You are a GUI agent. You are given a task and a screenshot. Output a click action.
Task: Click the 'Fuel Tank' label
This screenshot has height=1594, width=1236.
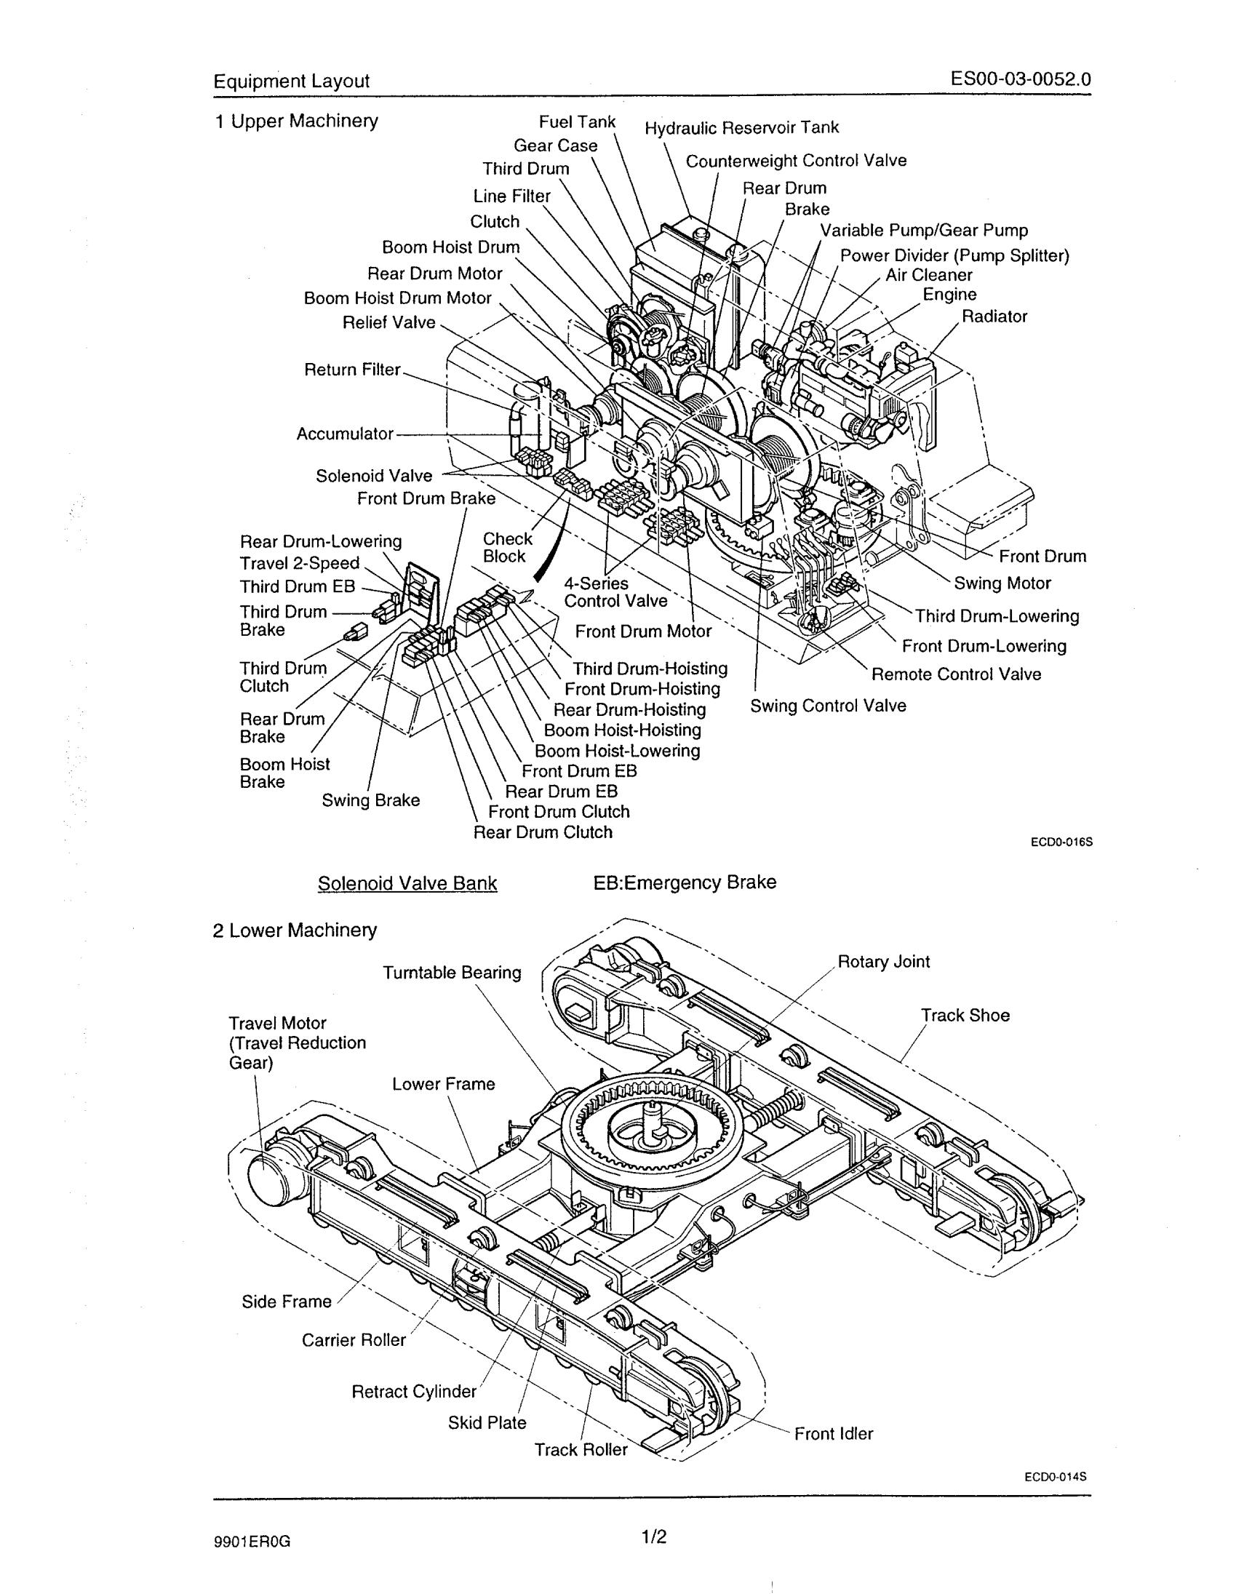coord(577,122)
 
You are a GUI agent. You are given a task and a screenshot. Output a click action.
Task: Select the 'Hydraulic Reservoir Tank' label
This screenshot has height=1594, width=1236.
coord(742,128)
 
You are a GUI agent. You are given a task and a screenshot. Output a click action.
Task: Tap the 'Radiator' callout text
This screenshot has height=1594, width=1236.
coord(994,316)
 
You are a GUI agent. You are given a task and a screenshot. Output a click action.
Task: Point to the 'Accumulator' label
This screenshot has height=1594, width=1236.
coord(344,434)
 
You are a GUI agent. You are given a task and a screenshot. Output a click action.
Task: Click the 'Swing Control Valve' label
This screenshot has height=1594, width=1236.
coord(828,706)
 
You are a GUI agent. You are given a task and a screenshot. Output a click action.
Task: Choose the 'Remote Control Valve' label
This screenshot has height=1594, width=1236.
coord(956,674)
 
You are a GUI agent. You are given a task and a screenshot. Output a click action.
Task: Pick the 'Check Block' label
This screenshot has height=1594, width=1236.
coord(507,547)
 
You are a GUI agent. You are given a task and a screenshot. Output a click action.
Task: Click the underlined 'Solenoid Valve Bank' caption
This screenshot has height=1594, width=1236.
coord(407,883)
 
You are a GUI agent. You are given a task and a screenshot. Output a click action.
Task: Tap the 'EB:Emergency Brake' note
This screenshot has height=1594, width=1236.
coord(685,882)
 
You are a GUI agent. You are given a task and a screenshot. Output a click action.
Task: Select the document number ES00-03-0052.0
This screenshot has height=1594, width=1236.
coord(1021,79)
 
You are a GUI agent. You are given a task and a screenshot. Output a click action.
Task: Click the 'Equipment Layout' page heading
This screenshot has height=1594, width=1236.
coord(291,81)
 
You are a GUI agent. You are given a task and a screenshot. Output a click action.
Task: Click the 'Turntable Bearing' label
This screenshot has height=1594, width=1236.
coord(452,973)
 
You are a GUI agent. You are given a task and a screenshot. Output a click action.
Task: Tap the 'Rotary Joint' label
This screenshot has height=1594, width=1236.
coord(884,962)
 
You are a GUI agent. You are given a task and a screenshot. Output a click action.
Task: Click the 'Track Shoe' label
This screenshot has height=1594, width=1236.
coord(965,1016)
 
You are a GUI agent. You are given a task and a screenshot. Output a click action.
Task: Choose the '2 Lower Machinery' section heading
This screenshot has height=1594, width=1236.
coord(295,931)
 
